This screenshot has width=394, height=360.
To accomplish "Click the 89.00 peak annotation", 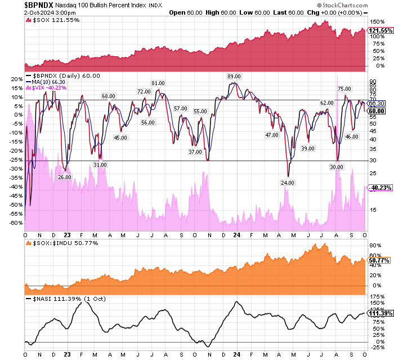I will [234, 76].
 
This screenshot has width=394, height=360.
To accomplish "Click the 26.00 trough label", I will [65, 177].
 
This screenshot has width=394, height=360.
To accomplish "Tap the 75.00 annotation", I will [344, 88].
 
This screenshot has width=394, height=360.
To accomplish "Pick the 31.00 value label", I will [100, 165].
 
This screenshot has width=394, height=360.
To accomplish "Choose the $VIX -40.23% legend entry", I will [50, 88].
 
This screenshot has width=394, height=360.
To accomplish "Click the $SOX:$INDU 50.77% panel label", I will [62, 243].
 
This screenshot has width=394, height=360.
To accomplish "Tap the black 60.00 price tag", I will [377, 111].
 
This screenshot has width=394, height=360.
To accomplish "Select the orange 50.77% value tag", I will [379, 260].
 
